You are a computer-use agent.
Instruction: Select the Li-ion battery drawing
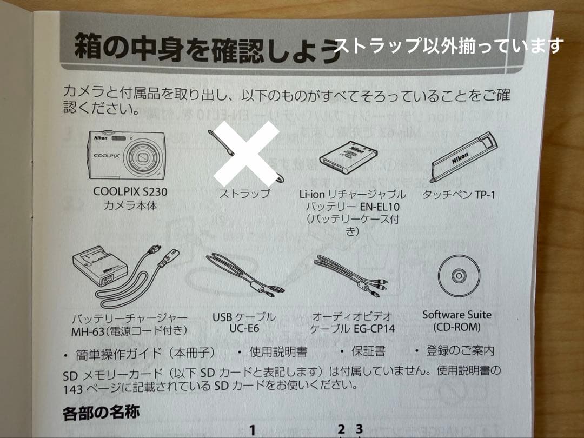pyautogui.click(x=346, y=157)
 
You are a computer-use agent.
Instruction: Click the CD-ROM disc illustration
pyautogui.click(x=458, y=276)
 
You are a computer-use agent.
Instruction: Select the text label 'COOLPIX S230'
pyautogui.click(x=130, y=191)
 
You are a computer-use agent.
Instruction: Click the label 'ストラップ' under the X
pyautogui.click(x=244, y=194)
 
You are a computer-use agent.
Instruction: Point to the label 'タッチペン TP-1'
pyautogui.click(x=459, y=194)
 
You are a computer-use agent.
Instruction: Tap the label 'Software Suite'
pyautogui.click(x=457, y=314)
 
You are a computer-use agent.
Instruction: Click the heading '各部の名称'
pyautogui.click(x=101, y=414)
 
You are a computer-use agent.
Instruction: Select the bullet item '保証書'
pyautogui.click(x=369, y=351)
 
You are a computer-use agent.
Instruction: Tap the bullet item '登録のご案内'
pyautogui.click(x=460, y=350)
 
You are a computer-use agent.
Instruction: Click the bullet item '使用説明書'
pyautogui.click(x=278, y=351)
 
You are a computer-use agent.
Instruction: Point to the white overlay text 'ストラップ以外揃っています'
pyautogui.click(x=448, y=45)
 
